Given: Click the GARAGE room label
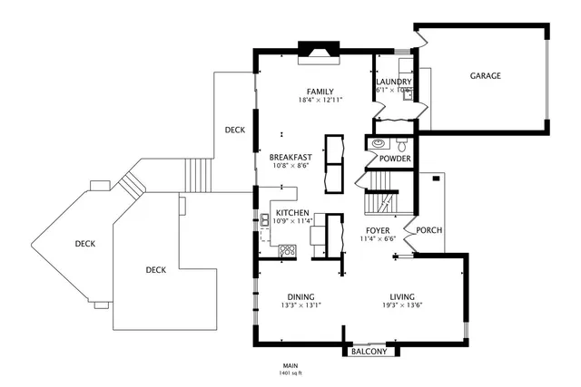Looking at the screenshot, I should coord(485,76).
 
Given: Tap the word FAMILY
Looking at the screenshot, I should coord(320,92).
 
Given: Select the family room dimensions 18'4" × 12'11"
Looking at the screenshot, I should coord(320,100).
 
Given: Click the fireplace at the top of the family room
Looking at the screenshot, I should coord(320,53).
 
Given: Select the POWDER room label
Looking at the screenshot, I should coord(395,159).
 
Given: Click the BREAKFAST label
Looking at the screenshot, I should coord(291,157).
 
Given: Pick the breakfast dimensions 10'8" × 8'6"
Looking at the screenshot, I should coord(291,166).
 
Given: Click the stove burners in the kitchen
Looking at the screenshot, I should coord(288,250).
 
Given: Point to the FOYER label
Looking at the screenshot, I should coord(378,231).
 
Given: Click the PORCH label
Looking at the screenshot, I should coord(428,230).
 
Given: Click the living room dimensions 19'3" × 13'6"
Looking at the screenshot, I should coord(401,305).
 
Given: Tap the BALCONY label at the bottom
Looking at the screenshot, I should coord(369,352).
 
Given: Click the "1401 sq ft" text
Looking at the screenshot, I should coord(290,372).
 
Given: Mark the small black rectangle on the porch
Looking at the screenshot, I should coord(437,179).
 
